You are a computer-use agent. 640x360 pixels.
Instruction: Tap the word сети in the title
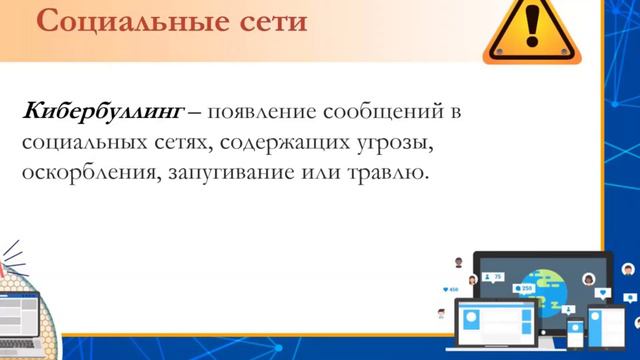tap(263, 21)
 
